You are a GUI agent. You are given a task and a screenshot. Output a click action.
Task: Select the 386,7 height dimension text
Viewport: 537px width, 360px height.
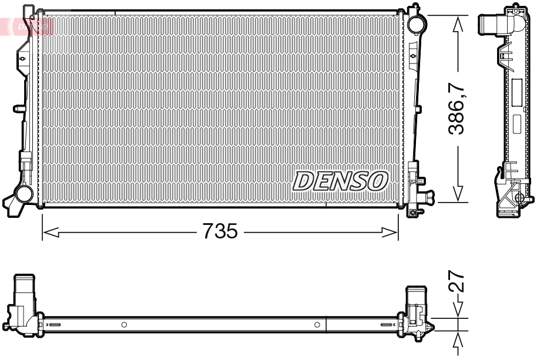(x=458, y=109)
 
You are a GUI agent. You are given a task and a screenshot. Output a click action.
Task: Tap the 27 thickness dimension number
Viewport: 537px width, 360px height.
(x=459, y=282)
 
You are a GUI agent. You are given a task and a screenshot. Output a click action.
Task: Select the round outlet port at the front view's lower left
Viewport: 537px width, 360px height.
(x=24, y=193)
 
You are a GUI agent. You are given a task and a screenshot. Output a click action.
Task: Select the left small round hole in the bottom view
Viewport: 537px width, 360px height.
(x=124, y=324)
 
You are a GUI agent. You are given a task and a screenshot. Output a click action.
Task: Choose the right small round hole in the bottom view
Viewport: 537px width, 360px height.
(x=317, y=324)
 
